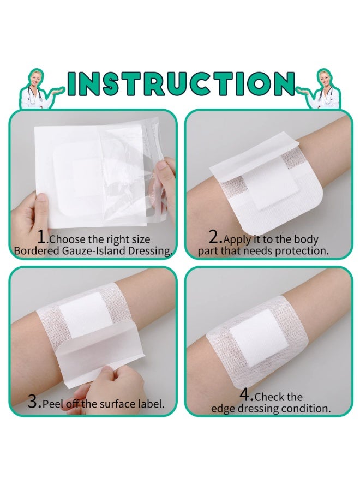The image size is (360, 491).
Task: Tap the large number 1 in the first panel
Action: (42, 237)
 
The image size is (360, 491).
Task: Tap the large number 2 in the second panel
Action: (215, 237)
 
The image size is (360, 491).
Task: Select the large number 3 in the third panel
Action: (33, 402)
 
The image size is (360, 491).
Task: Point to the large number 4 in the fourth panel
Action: (247, 394)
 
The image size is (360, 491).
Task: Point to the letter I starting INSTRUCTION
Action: (74, 83)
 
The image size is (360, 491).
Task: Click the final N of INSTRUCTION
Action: (284, 83)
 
